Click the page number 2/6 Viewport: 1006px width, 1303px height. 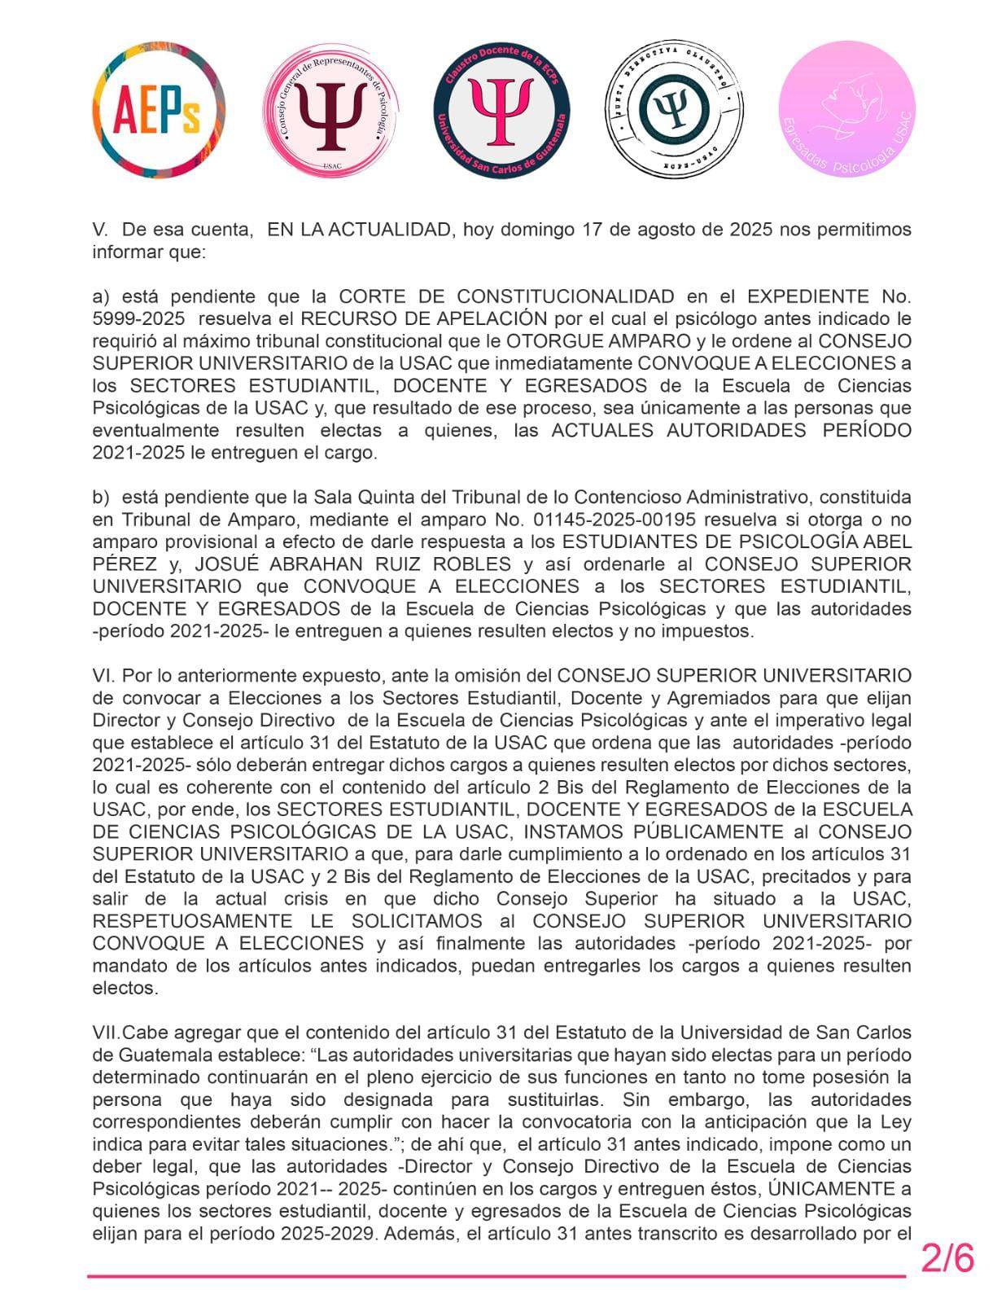(x=947, y=1258)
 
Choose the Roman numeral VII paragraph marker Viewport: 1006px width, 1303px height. (x=106, y=1033)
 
